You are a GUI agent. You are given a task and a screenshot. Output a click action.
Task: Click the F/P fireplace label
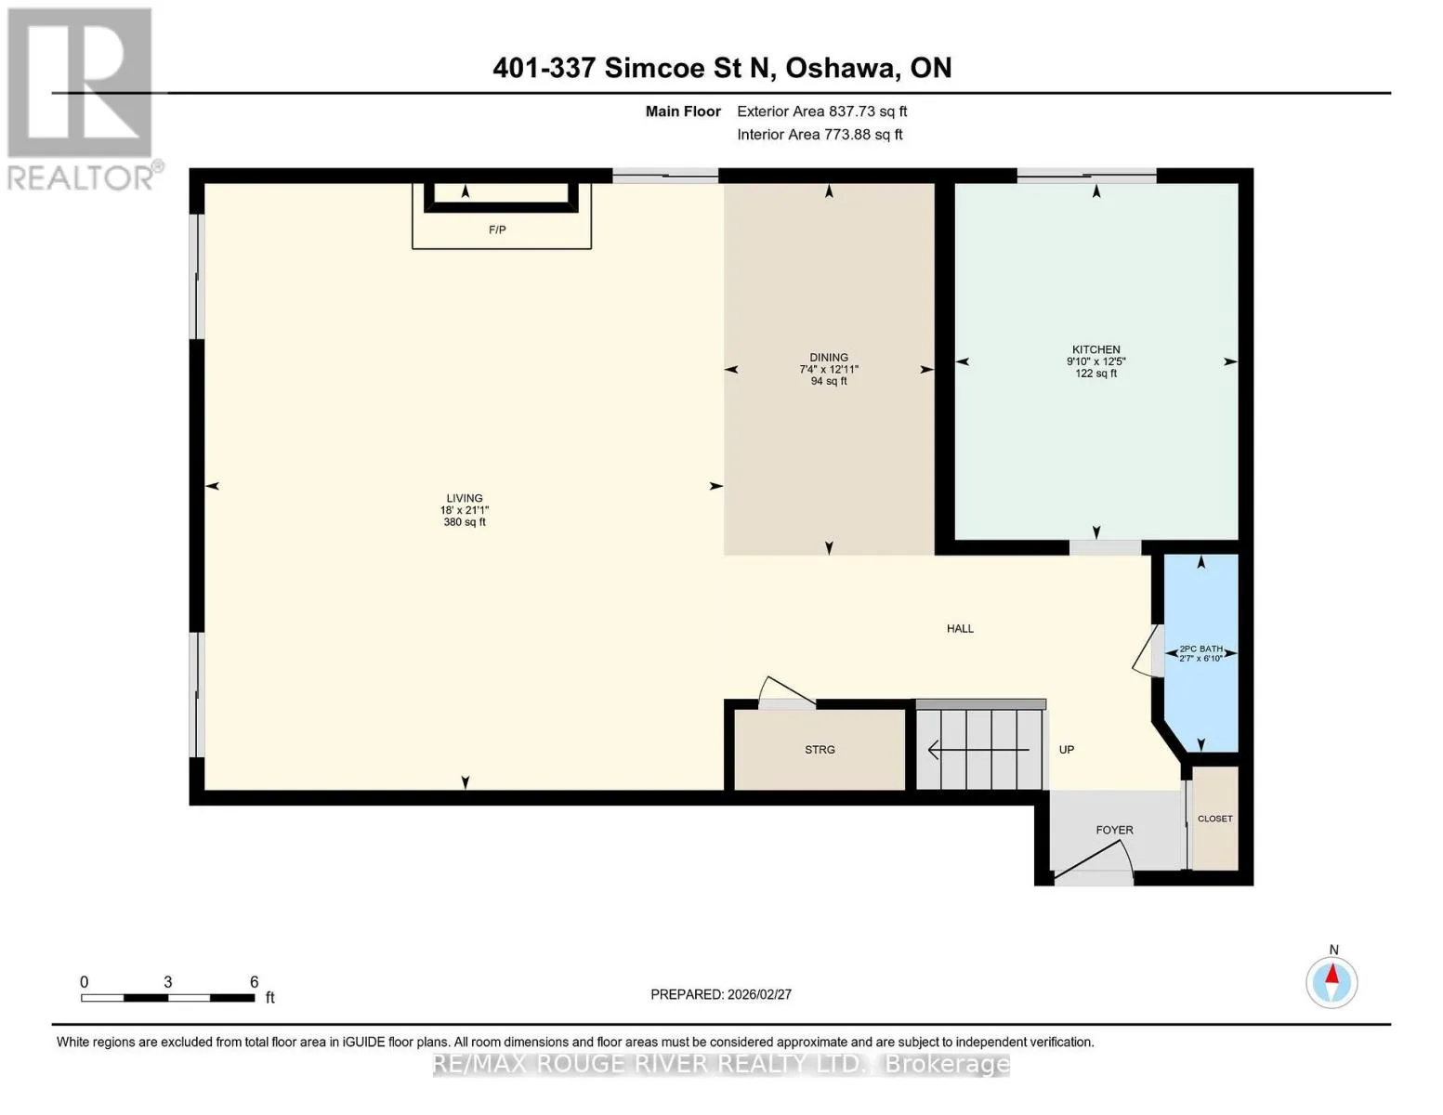pyautogui.click(x=497, y=230)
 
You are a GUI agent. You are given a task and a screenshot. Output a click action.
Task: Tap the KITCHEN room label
pyautogui.click(x=1095, y=349)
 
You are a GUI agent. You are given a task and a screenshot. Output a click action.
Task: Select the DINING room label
pyautogui.click(x=829, y=358)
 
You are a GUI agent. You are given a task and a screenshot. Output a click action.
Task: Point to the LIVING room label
pyautogui.click(x=465, y=498)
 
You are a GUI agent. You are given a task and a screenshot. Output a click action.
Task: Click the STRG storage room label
pyautogui.click(x=820, y=749)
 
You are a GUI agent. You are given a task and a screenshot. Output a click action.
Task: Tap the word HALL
pyautogui.click(x=960, y=628)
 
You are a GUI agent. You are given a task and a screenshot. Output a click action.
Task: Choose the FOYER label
pyautogui.click(x=1114, y=830)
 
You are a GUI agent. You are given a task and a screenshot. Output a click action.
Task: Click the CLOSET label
pyautogui.click(x=1214, y=819)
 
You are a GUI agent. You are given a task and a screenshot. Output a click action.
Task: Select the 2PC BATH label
pyautogui.click(x=1200, y=649)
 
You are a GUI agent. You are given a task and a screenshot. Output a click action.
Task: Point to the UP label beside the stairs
pyautogui.click(x=1066, y=749)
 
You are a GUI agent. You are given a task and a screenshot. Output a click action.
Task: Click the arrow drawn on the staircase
pyautogui.click(x=978, y=750)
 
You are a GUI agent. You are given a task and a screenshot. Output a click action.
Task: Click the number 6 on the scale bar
pyautogui.click(x=254, y=981)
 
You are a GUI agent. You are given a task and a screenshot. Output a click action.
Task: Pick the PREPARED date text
pyautogui.click(x=720, y=994)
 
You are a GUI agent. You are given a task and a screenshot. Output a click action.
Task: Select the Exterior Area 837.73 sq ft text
pyautogui.click(x=821, y=111)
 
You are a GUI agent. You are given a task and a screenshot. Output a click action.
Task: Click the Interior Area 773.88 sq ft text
pyautogui.click(x=820, y=134)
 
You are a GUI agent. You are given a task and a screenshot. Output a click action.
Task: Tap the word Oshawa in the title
pyautogui.click(x=841, y=68)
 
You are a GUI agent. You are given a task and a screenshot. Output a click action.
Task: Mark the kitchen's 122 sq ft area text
pyautogui.click(x=1095, y=374)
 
